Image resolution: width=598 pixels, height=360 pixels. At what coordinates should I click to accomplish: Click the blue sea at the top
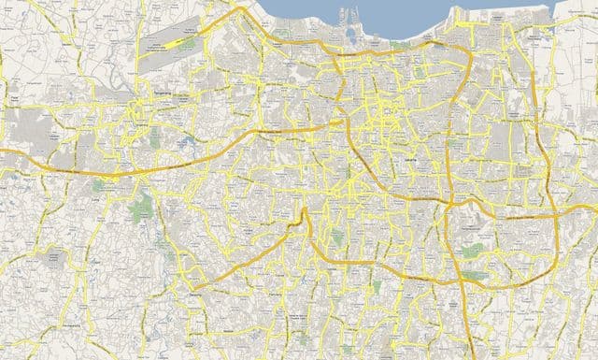click(374, 14)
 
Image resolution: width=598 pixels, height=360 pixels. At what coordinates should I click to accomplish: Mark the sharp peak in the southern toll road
click(304, 212)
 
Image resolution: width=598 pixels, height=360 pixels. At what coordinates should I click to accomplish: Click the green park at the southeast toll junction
click(476, 276)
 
